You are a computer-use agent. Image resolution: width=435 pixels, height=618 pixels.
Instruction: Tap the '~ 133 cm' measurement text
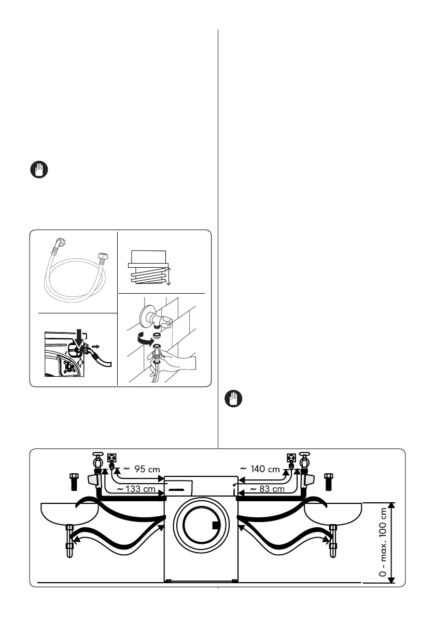136,489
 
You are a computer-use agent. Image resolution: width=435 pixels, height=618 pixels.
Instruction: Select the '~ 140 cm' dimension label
260,469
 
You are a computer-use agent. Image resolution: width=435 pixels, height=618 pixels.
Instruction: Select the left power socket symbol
110,458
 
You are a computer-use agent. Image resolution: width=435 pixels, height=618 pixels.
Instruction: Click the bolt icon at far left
74,480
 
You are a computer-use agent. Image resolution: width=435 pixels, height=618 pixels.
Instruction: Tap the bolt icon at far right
328,480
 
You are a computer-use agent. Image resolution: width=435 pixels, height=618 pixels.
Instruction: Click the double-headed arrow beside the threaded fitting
169,273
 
